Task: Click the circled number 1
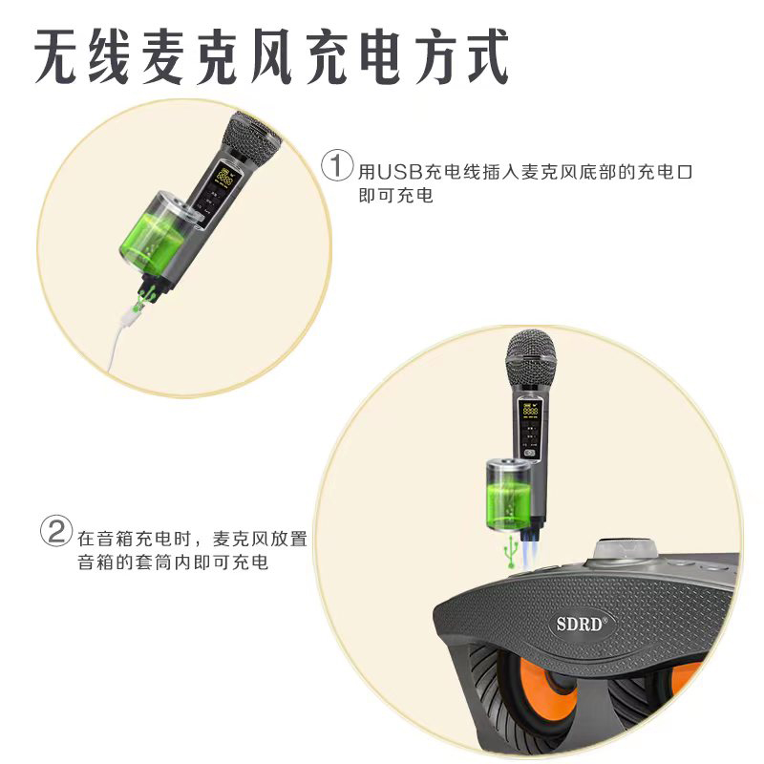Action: click(x=336, y=164)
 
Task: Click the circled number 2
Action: click(x=55, y=530)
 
